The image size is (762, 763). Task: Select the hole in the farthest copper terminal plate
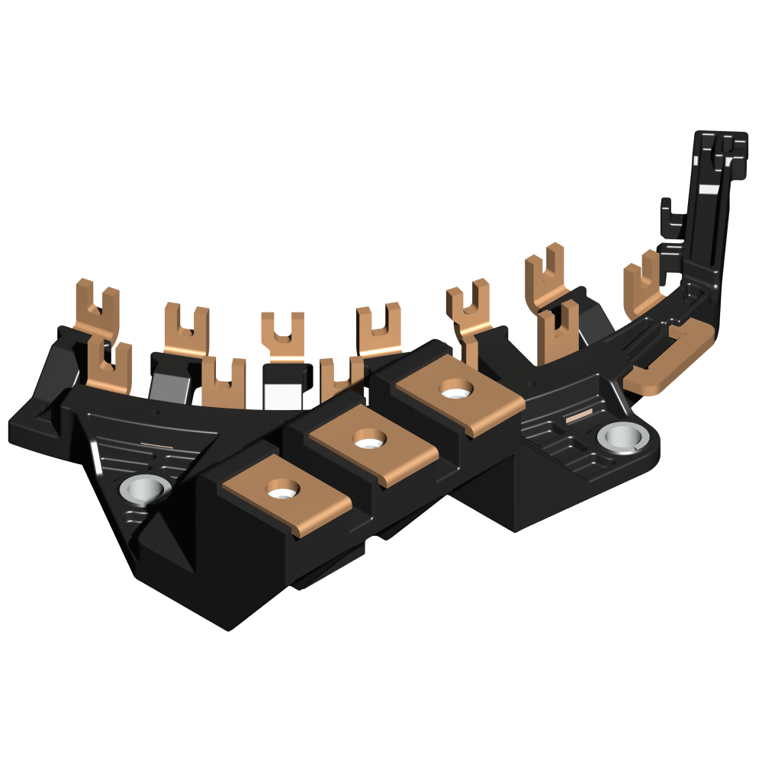[x=455, y=393]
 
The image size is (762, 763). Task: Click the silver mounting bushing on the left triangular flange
[x=145, y=488]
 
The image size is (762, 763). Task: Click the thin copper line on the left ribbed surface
[x=157, y=445]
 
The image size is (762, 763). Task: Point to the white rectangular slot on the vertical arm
[x=709, y=187]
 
